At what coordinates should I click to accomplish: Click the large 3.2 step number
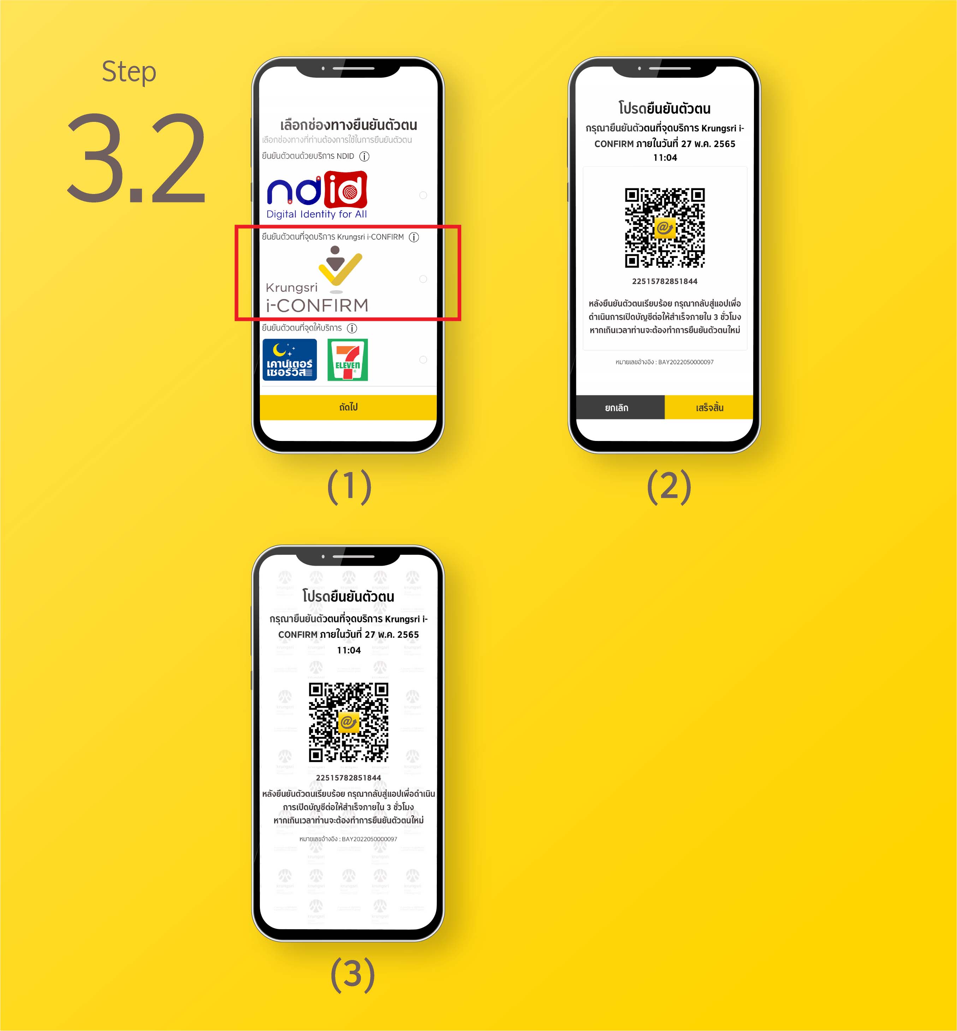coord(137,158)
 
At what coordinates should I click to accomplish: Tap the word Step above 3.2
coord(129,72)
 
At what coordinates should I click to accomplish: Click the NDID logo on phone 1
coord(317,195)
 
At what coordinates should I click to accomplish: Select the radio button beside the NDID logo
coord(423,195)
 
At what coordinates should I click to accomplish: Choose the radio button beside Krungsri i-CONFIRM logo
coord(423,279)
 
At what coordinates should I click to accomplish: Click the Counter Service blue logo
coord(290,360)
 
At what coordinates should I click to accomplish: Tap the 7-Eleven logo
coord(347,360)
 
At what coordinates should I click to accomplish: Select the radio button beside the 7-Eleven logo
coord(423,360)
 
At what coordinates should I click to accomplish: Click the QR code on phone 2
coord(665,228)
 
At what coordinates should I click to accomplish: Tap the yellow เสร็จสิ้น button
coord(709,408)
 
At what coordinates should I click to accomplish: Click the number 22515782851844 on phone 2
coord(665,281)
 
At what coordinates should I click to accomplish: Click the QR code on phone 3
coord(349,722)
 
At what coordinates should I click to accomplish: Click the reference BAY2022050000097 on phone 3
coord(369,839)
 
